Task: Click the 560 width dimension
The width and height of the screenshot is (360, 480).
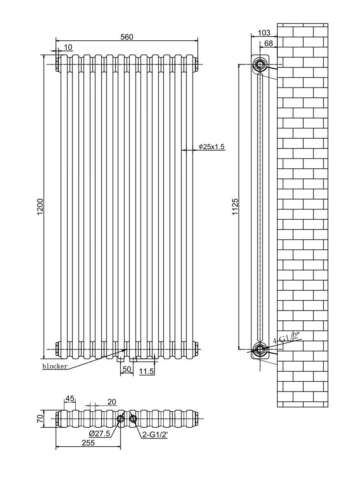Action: coord(127,37)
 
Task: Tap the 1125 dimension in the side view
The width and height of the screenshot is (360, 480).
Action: coord(235,204)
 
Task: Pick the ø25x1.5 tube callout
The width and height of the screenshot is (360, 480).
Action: coord(211,147)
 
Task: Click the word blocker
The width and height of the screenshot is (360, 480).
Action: coord(55,366)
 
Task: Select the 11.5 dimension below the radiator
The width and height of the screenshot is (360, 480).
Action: coord(146,371)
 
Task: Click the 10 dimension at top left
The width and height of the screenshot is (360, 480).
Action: coord(68,47)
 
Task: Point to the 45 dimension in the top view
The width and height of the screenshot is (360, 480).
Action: coord(70,398)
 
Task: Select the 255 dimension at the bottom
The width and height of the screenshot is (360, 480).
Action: coord(88,443)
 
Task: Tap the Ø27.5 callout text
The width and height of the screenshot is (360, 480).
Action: coord(99,434)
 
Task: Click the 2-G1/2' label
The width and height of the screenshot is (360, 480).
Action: coord(155,434)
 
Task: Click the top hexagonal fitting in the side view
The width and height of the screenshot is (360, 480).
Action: coord(260,64)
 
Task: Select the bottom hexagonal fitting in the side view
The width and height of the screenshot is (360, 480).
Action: coord(260,350)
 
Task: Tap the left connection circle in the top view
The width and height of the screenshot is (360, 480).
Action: coord(121,419)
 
